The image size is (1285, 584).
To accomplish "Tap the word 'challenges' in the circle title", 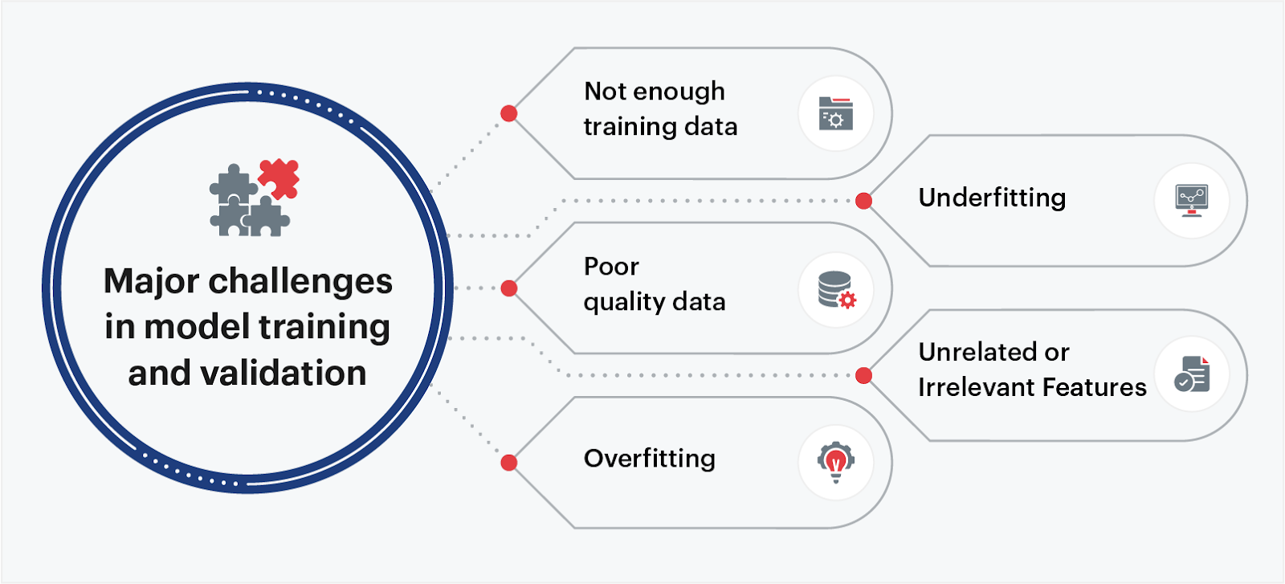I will point(300,282).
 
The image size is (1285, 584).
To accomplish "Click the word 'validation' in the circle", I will point(284,374).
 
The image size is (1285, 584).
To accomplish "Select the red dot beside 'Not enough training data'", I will point(508,113).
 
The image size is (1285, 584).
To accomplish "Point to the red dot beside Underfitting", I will point(863,201).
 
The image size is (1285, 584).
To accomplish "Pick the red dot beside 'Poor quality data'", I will point(508,288).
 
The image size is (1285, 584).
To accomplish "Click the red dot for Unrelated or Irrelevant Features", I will point(863,375).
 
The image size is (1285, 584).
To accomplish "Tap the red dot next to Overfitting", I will point(508,463).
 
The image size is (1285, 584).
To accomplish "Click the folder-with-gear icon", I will point(835,114).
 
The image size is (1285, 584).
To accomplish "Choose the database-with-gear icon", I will point(836,289).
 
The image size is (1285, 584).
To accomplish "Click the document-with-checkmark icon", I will point(1192,375).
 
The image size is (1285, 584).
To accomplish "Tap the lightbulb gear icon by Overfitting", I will point(835,462).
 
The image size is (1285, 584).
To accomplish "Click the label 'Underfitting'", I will point(992,198).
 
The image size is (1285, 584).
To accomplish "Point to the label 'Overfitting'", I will point(649,459).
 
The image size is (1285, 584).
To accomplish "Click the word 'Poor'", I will point(611,267).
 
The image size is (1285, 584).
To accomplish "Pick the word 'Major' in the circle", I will point(151,282).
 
